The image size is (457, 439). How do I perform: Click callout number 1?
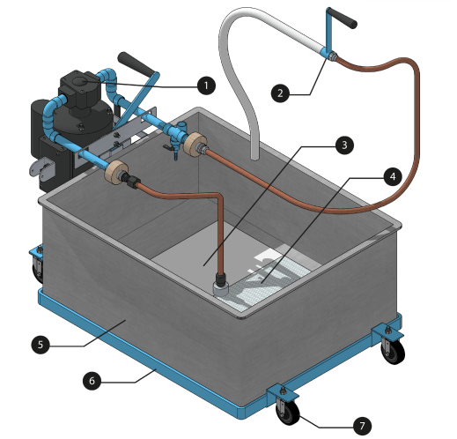pos(206,86)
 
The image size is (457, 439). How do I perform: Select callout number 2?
pos(280,93)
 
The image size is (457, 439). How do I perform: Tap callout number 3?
pos(344,145)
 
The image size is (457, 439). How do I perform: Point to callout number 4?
pos(393,176)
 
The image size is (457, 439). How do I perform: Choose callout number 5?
pos(41,345)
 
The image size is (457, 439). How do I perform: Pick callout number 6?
pos(92,381)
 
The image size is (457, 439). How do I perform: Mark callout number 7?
pos(362,426)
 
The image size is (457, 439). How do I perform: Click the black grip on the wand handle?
pos(343,18)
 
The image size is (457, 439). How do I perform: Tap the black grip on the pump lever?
pos(136,63)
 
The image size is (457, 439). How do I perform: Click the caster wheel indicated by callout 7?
pos(288,412)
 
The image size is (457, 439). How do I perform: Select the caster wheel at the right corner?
pos(394,351)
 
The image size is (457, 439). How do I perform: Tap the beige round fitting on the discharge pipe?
pos(194,144)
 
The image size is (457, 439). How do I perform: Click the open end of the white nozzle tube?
pos(254,158)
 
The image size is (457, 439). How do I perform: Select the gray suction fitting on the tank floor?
pos(221,289)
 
